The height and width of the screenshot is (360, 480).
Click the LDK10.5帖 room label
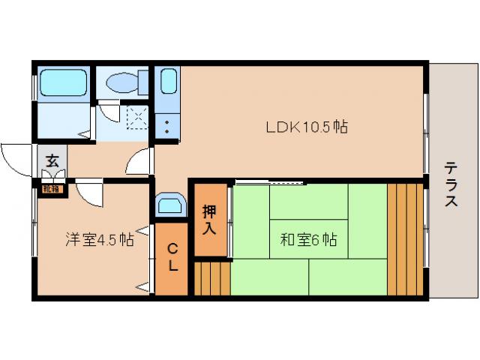(306, 127)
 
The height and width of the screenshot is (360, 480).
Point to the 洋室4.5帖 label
(99, 240)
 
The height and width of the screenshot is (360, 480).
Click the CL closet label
(172, 256)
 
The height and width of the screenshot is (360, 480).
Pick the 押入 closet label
(210, 219)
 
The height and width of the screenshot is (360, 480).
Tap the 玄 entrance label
(52, 160)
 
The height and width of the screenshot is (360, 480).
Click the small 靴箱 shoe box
(51, 189)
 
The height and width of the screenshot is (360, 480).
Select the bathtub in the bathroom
(63, 82)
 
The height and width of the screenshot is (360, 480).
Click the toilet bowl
(124, 82)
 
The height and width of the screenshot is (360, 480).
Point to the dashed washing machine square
(137, 115)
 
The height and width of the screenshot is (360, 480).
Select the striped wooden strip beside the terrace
(405, 238)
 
